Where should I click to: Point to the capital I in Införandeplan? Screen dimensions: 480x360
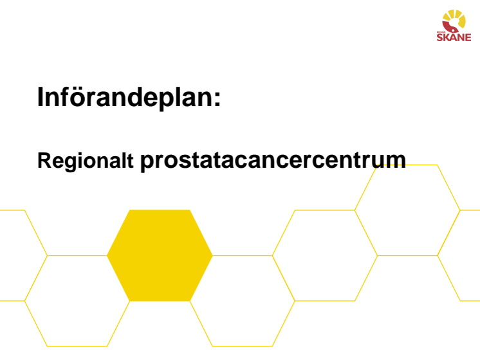click(40, 96)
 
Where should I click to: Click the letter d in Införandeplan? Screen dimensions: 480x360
click(136, 96)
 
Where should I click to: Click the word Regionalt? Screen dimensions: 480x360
click(86, 161)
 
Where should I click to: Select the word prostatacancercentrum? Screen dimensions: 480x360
click(273, 161)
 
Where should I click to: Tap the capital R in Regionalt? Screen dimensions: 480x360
click(44, 159)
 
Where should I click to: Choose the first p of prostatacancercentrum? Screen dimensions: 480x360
click(147, 163)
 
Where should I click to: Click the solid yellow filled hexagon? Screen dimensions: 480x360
click(160, 255)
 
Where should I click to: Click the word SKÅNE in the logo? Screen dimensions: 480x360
click(454, 37)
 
